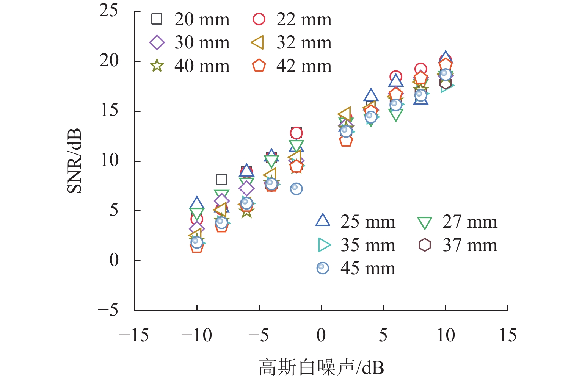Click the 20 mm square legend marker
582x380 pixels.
157,19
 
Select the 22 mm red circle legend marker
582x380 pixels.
259,19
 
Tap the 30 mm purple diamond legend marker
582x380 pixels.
157,42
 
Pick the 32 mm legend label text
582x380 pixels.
304,42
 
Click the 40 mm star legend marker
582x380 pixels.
157,66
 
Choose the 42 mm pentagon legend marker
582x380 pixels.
259,66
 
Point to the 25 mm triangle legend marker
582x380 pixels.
323,220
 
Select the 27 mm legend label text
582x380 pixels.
469,222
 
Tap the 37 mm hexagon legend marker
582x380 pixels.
425,245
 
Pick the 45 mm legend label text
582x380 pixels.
367,268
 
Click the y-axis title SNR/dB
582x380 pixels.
75,161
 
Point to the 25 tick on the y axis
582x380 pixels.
109,11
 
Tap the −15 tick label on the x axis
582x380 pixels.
133,335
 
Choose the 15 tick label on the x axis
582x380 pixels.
507,335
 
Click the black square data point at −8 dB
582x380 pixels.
221,180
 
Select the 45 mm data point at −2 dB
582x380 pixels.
296,188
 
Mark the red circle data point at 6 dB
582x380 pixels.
396,77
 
